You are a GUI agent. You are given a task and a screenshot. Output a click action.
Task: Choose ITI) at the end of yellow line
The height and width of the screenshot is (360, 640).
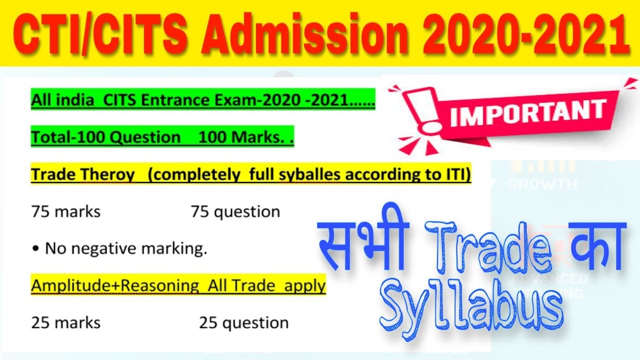click(457, 174)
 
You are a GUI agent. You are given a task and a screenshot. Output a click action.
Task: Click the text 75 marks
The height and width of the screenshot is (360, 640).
click(65, 211)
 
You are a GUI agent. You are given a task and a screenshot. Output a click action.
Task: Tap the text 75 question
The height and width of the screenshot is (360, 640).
click(235, 211)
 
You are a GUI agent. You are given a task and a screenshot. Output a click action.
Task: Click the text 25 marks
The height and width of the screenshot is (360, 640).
click(65, 323)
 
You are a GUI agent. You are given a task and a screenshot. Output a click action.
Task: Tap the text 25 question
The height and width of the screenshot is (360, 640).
click(243, 323)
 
